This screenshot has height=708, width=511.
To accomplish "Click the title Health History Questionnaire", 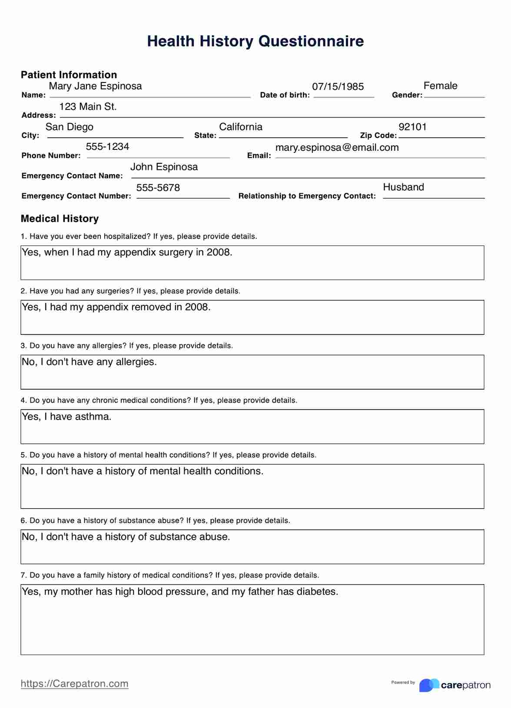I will coord(255,41).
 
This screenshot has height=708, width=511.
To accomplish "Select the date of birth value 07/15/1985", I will coord(338,86).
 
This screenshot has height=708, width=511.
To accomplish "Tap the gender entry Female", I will coord(440,86).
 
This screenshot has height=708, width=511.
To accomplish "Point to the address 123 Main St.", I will coord(88,106).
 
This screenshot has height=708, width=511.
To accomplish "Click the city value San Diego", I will coord(70,127).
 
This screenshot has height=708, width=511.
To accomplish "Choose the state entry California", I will coord(241,127).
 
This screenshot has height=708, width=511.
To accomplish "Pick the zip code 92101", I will coord(412,127).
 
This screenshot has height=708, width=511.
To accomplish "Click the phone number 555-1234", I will coord(107,146).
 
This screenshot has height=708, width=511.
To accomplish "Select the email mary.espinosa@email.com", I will coord(337,147).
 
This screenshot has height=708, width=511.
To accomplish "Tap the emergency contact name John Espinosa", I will coord(164,167).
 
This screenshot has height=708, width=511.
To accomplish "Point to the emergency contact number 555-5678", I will coord(158,188).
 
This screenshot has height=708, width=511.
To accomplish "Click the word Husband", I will coord(403,187).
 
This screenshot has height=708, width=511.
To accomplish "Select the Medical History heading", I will coord(60,218).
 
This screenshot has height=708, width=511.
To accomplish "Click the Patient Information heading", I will coord(69,75).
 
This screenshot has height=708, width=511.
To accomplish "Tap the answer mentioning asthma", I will coord(66,417).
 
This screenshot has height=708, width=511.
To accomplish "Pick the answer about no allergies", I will coord(89,362).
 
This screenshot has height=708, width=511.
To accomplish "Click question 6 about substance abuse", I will coord(155,520).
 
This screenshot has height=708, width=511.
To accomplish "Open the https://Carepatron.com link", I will coord(74,684).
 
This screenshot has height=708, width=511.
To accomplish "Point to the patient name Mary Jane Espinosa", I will coord(95,86).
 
